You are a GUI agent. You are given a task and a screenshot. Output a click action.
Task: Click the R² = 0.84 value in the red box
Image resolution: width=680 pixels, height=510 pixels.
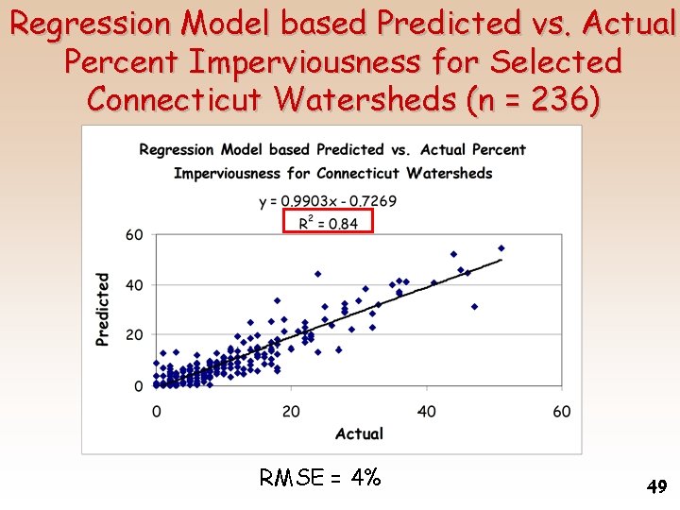(329, 223)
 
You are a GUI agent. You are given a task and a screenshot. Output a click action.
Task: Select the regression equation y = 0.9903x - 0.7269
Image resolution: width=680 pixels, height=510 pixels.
(328, 201)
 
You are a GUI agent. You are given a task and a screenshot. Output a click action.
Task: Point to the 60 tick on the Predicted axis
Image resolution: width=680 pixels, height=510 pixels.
(135, 234)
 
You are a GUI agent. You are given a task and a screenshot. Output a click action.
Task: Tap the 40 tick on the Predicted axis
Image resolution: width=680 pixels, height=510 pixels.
(135, 285)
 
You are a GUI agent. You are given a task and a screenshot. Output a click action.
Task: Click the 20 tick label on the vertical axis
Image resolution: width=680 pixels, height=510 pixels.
(135, 335)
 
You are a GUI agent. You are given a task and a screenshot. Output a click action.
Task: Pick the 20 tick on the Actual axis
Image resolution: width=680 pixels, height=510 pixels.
(291, 411)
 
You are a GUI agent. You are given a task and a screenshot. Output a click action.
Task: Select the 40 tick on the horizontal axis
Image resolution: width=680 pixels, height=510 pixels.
(427, 411)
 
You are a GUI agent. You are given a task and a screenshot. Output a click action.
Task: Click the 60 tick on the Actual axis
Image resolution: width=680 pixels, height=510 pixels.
(562, 411)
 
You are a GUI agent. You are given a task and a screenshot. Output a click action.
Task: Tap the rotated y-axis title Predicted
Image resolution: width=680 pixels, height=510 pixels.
(102, 309)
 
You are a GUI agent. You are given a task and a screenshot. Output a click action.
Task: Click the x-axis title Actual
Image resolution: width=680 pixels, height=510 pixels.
(359, 433)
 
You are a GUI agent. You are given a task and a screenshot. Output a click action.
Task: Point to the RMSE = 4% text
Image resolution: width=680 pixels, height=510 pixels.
(320, 478)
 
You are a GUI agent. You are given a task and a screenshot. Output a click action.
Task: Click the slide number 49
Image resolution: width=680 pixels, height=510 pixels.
(656, 487)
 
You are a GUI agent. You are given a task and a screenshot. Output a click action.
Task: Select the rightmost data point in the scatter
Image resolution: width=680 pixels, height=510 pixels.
(501, 248)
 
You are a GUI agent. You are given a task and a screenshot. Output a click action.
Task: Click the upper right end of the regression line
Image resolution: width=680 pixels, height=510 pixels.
(501, 260)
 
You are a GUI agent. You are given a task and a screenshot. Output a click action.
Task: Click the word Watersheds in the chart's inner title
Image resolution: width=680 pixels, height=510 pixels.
(450, 173)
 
